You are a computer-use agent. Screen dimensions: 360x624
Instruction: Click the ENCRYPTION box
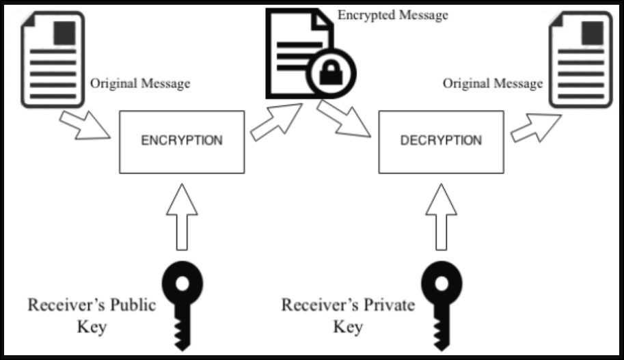[x=181, y=141]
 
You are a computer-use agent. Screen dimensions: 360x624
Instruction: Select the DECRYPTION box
[x=440, y=141]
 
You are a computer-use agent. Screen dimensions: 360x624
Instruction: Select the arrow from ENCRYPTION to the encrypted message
[x=277, y=121]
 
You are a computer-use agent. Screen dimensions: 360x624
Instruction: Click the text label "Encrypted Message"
[x=393, y=14]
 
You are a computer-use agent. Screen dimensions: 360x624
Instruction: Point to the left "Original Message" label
[x=140, y=83]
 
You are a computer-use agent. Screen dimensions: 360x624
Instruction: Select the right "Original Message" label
[x=492, y=83]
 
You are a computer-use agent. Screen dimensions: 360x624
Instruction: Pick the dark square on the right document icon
[x=593, y=30]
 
